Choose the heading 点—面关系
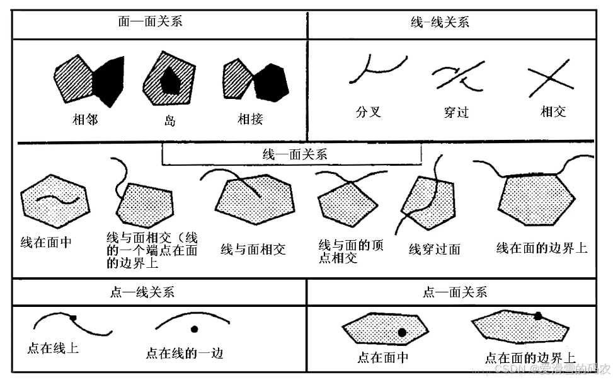pyautogui.click(x=454, y=292)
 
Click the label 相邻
pyautogui.click(x=85, y=119)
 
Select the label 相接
pyautogui.click(x=249, y=119)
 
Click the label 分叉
pyautogui.click(x=369, y=112)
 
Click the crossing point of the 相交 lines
pyautogui.click(x=549, y=78)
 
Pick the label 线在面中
pyautogui.click(x=45, y=242)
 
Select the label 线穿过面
pyautogui.click(x=434, y=249)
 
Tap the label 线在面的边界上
pyautogui.click(x=541, y=248)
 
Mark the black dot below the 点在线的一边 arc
pyautogui.click(x=194, y=329)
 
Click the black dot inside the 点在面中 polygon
pyautogui.click(x=401, y=332)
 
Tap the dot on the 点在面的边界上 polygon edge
pyautogui.click(x=538, y=316)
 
